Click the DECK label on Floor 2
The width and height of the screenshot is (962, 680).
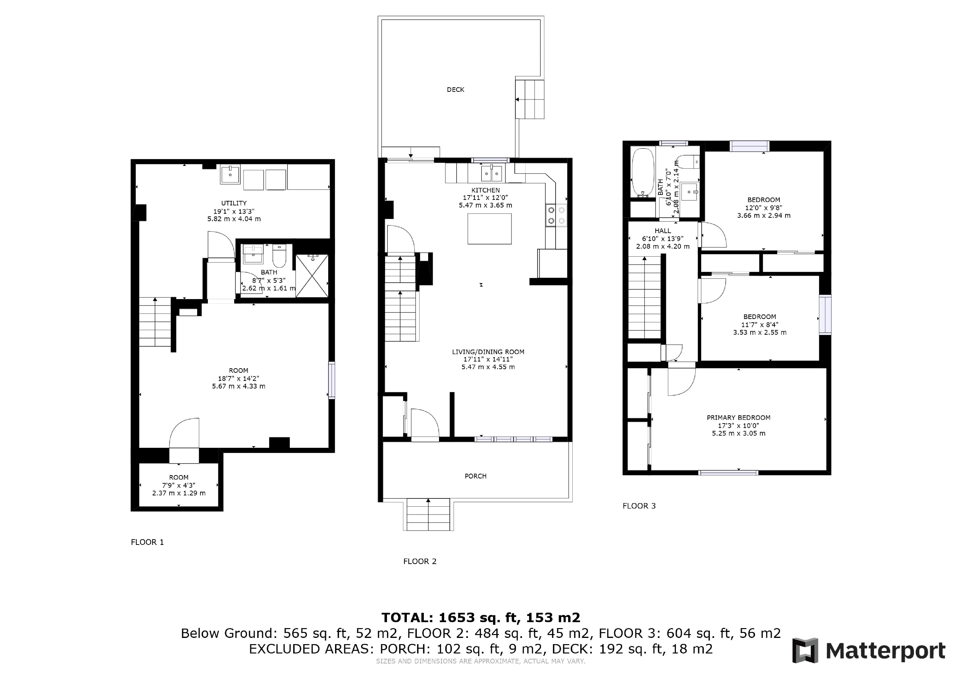coord(455,90)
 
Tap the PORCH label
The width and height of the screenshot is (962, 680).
coord(475,476)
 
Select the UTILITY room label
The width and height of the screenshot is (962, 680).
coord(234,203)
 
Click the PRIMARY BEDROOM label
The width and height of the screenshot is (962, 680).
coord(739,417)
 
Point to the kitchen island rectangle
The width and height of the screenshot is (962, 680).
coord(489,229)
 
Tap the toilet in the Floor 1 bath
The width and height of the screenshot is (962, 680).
coord(279,255)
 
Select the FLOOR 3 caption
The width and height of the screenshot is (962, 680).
coord(639,506)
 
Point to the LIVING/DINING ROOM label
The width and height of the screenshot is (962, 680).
coord(488,352)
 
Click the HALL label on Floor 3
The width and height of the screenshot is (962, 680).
coord(663,231)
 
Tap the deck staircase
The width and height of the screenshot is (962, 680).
coord(530,99)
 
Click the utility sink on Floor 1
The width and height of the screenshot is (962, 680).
coord(230,174)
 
